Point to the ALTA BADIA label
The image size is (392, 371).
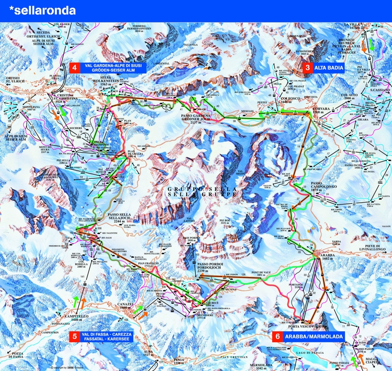pyautogui.click(x=328, y=68)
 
